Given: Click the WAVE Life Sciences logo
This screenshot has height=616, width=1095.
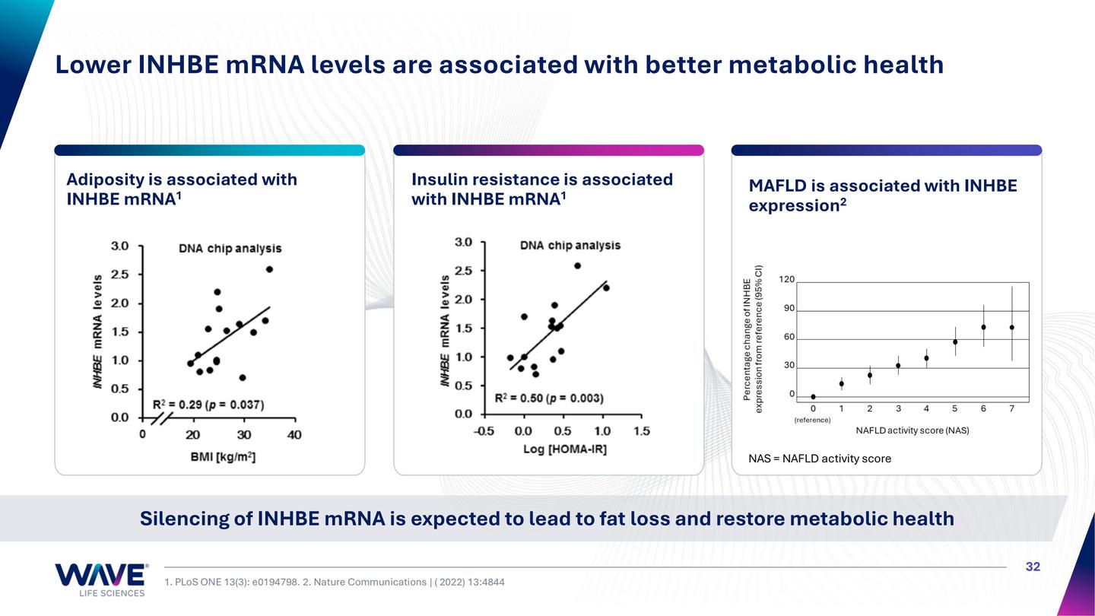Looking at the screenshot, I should (100, 579).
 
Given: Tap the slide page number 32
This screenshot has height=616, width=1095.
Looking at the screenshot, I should (1033, 567).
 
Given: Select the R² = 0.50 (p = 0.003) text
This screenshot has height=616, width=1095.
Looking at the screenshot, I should (549, 398).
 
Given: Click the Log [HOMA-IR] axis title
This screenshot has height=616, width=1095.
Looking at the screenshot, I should (564, 449).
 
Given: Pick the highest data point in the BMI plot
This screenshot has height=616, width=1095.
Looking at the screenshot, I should (269, 269).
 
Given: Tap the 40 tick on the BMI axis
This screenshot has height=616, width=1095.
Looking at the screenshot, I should (294, 435).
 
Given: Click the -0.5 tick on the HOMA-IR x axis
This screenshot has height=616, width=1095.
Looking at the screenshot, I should (484, 431).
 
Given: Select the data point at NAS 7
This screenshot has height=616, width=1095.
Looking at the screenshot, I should (1011, 327).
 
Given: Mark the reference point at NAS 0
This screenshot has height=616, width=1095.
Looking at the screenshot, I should (813, 396).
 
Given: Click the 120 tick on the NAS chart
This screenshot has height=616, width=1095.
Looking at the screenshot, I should (786, 280).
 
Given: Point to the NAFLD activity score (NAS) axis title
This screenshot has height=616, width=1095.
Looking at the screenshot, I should (912, 430).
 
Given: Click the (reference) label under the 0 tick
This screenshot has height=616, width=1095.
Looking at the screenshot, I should (812, 420).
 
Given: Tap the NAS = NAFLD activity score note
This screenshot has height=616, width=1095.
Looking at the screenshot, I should (819, 459).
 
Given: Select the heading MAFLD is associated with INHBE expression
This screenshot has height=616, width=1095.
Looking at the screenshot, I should (882, 195).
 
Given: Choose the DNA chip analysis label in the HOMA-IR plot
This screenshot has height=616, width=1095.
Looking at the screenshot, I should (570, 245).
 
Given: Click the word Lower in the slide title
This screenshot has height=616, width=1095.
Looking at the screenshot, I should (92, 65).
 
